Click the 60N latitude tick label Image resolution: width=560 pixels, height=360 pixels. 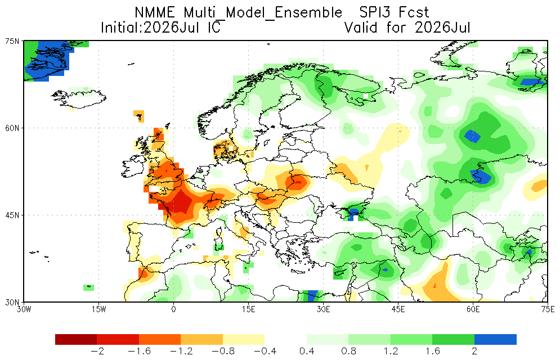click(12, 128)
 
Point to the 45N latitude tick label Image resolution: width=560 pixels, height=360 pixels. click(12, 215)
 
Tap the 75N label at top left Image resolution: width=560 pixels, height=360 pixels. click(12, 42)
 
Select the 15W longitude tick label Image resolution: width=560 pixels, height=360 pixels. click(98, 309)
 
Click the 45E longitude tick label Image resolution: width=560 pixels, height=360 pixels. click(398, 309)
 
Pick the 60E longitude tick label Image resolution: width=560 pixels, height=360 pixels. click(473, 309)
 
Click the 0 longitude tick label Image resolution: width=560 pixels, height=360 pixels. click(173, 309)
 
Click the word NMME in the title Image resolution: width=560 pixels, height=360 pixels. click(155, 13)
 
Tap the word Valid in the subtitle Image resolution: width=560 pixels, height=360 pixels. click(361, 28)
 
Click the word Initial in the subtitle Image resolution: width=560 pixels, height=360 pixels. click(119, 28)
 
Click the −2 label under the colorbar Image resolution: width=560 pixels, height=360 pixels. click(97, 352)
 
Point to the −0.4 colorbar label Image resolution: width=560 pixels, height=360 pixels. click(265, 352)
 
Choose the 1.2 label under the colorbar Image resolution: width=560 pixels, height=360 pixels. click(391, 352)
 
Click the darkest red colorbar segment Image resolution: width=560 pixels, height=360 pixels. click(76, 339)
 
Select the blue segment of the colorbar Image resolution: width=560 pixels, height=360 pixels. click(495, 339)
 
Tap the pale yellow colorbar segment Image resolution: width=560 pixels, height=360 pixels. click(244, 339)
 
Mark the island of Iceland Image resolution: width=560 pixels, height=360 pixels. click(79, 98)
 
